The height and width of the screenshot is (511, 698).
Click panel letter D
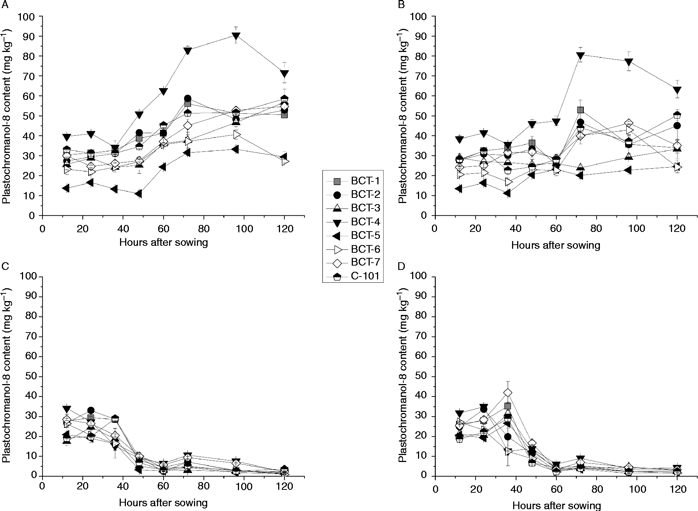[402, 266]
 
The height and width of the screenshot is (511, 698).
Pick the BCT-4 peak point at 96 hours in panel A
[236, 36]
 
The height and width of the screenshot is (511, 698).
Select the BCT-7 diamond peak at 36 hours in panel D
[507, 392]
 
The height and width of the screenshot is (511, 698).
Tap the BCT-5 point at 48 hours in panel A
[138, 194]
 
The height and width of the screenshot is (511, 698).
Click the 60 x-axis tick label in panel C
[163, 490]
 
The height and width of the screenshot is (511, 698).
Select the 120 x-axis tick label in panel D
[677, 489]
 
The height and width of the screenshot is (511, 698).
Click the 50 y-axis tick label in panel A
[30, 116]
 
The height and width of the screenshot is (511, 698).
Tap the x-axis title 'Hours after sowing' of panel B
[556, 245]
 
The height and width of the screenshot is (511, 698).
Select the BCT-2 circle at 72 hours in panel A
[187, 98]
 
